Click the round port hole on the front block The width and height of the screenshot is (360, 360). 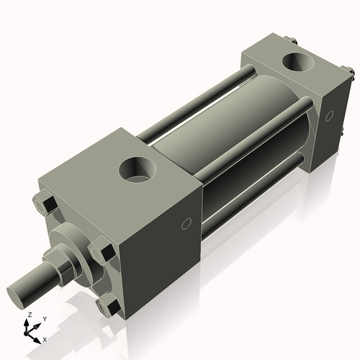(138, 171)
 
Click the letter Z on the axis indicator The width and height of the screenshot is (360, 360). (28, 315)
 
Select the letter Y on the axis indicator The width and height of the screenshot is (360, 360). (44, 318)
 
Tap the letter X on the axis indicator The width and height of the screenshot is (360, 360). (45, 338)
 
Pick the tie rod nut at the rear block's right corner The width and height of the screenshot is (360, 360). (348, 72)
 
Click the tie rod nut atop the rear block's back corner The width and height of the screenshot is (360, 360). (289, 41)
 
